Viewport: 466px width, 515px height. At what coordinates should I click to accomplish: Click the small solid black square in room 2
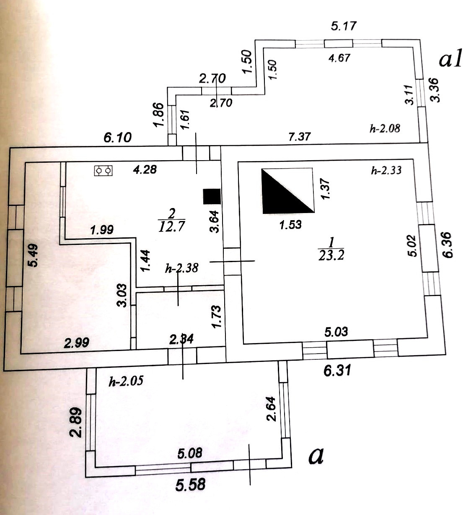coord(212,196)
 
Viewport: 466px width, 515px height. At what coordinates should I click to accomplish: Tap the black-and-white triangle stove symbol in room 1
coord(287,190)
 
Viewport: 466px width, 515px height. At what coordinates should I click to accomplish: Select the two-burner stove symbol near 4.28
coord(104,170)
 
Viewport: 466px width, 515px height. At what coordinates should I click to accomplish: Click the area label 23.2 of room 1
coord(331,255)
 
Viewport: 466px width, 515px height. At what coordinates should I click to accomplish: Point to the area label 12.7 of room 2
coord(172,226)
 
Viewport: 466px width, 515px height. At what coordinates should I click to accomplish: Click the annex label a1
coord(450,60)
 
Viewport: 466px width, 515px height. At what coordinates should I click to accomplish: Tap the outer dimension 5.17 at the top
coord(344,26)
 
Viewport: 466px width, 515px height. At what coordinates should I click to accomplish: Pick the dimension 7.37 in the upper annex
coord(300,136)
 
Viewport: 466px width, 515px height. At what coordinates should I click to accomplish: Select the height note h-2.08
coord(385,128)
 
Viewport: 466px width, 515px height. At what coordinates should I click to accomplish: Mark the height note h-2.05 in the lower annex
coord(126,381)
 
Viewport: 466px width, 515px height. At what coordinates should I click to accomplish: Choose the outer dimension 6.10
coord(118,137)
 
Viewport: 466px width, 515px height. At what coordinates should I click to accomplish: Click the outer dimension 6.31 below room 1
coord(337,370)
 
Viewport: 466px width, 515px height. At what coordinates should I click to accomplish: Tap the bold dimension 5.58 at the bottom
coord(191,484)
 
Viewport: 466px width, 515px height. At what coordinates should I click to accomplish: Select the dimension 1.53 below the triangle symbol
coord(290,224)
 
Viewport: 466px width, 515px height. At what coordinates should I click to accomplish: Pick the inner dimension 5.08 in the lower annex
coord(190,453)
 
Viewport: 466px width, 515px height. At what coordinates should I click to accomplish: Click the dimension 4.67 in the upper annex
coord(339,58)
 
